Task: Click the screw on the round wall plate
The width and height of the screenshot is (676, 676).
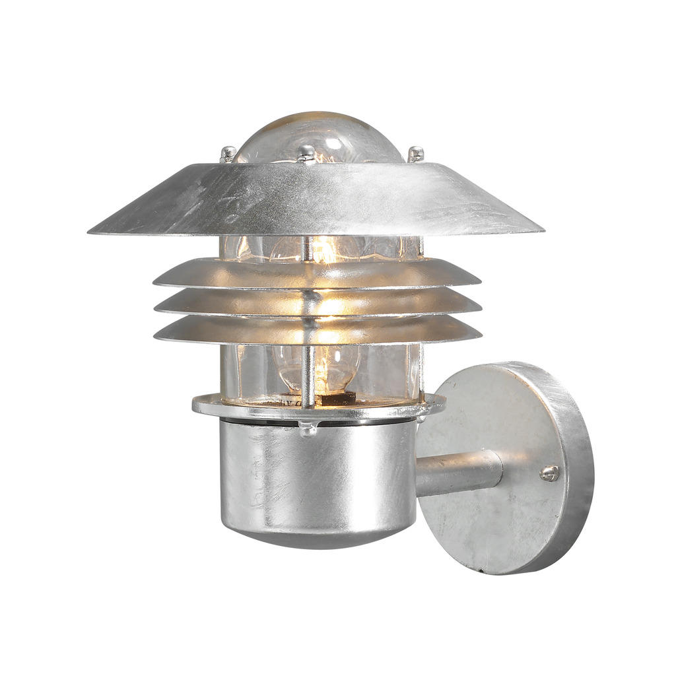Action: tap(549, 473)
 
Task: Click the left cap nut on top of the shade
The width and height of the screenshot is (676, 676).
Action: tap(228, 154)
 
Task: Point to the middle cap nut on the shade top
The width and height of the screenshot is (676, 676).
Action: tap(306, 153)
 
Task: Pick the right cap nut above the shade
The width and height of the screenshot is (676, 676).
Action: tap(415, 154)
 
